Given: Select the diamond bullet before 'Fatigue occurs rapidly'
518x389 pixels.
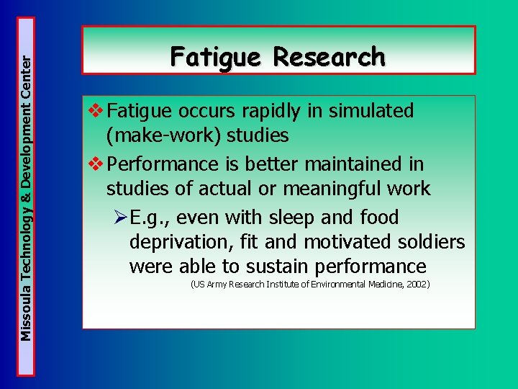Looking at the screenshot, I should [94, 111].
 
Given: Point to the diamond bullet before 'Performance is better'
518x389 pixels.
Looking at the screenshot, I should [94, 164].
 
